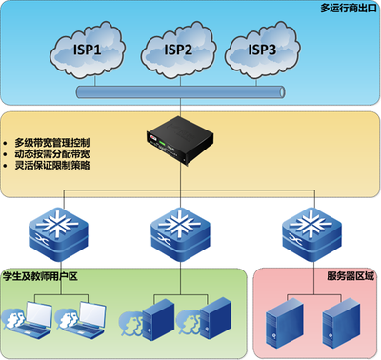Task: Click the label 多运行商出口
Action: (x=344, y=9)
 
